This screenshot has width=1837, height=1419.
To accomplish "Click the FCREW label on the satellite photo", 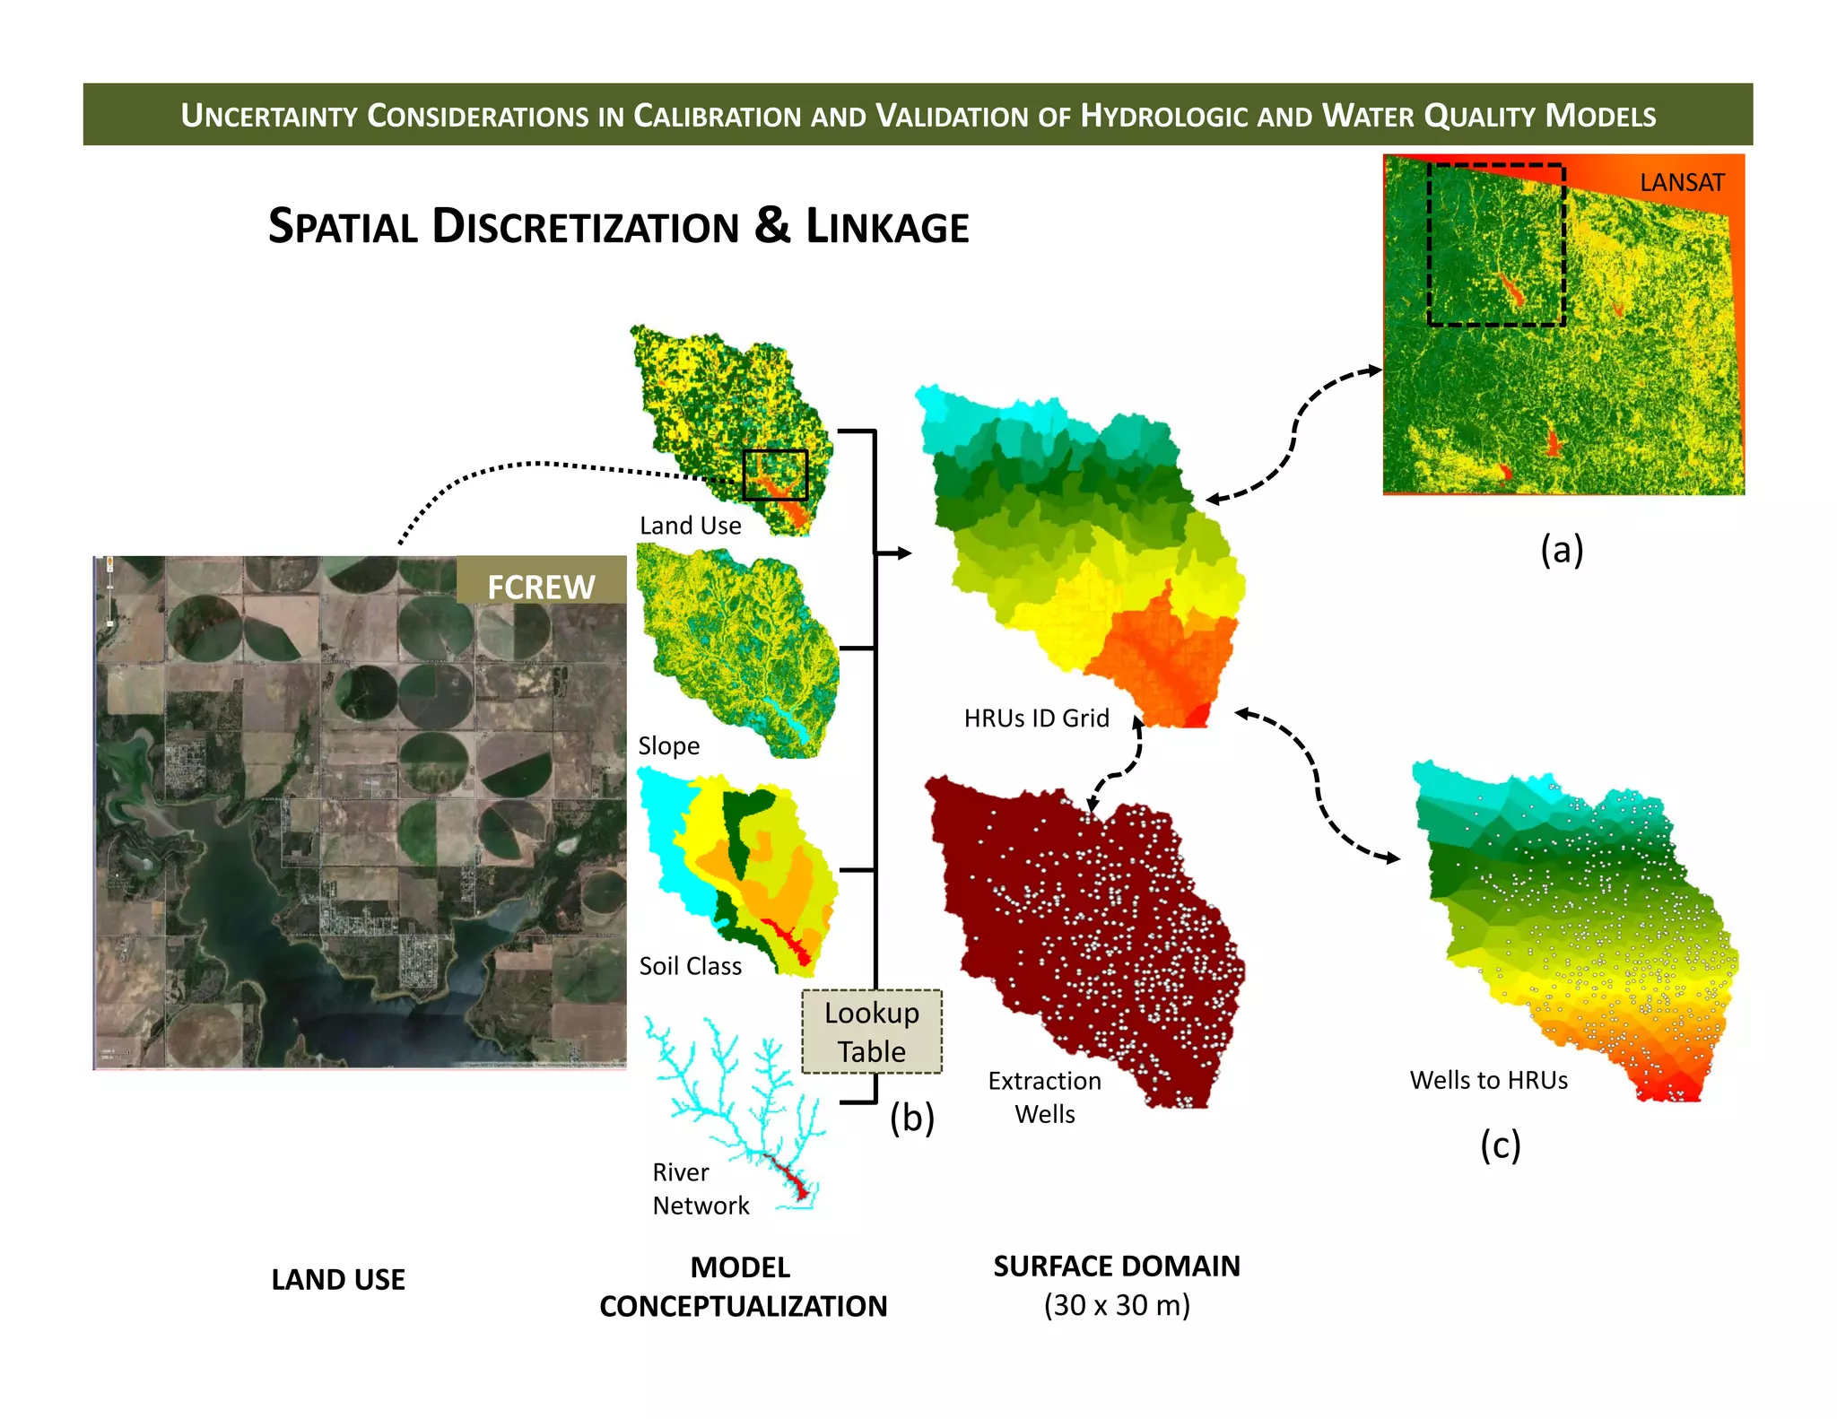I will point(541,587).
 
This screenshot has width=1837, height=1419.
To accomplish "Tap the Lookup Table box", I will point(872,1032).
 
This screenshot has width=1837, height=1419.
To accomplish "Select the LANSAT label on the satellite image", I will point(1682,183).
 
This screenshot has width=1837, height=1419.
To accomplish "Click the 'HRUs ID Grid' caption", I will point(1036,718).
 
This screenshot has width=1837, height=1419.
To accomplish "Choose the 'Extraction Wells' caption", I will point(1044,1097).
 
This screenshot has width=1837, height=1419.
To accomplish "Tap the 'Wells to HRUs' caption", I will point(1488,1080).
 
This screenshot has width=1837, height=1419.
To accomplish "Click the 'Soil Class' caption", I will point(690,966).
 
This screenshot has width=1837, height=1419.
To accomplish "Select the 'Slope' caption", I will point(668,746).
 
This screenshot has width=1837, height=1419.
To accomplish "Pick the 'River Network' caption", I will point(700,1188).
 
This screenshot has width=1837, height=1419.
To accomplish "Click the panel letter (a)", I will point(1562,549).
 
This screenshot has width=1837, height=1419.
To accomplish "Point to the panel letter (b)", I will point(911,1118).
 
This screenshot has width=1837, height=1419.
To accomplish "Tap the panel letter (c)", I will point(1500,1145).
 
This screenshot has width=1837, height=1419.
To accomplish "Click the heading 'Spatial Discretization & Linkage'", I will point(618,226).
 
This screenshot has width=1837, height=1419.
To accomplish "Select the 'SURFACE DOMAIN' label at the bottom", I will point(1116,1266).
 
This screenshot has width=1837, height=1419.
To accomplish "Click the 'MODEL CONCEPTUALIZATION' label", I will point(743,1286).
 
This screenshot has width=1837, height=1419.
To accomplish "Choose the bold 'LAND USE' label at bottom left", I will point(338,1279).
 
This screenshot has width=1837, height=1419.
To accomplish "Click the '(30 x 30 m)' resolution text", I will point(1116,1305).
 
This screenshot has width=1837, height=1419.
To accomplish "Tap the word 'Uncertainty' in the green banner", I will point(268,116).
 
